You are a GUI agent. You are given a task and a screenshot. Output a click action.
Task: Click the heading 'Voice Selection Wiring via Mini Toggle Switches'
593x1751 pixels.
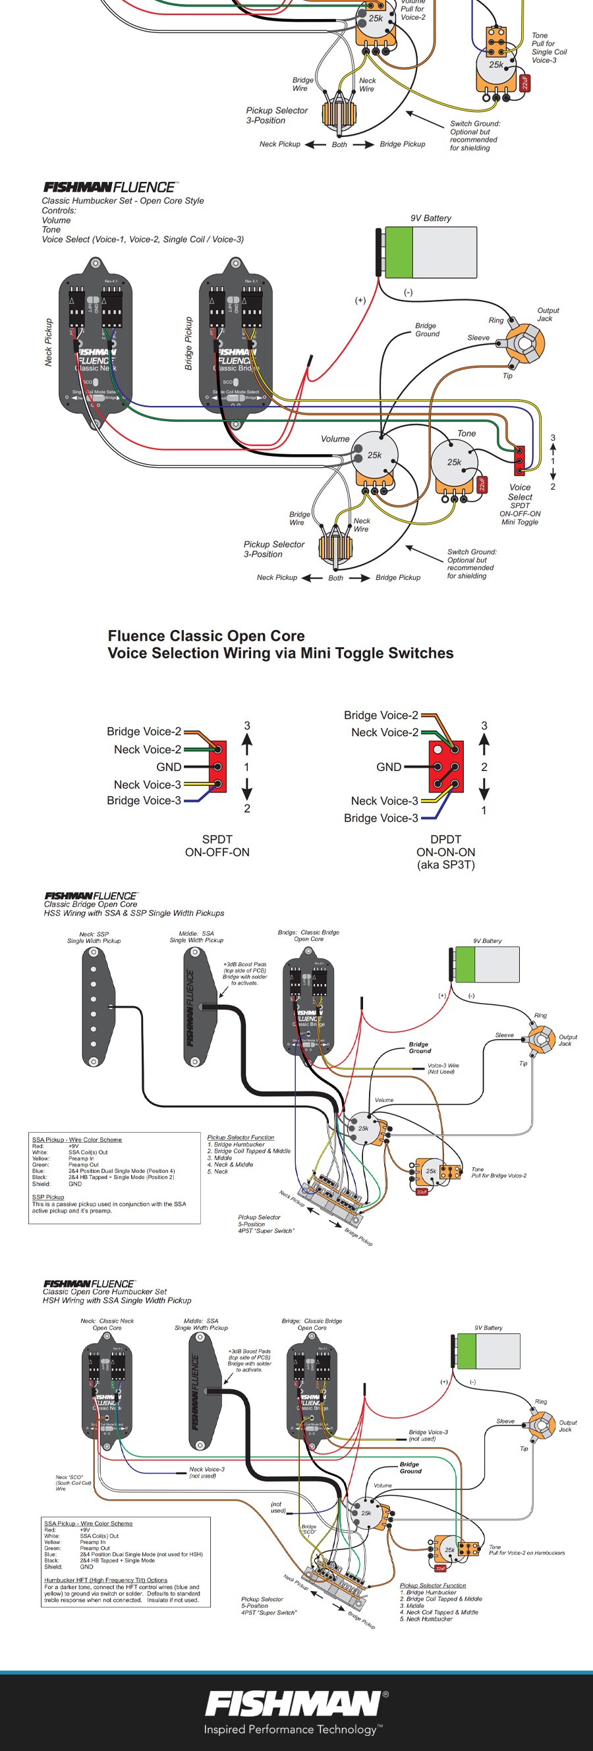pyautogui.click(x=280, y=653)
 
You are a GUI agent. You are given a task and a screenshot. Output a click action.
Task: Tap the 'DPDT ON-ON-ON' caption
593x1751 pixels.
pyautogui.click(x=445, y=851)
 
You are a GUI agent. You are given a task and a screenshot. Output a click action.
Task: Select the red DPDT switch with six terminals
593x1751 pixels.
pyautogui.click(x=446, y=766)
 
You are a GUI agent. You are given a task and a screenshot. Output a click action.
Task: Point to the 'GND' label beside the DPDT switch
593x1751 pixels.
pyautogui.click(x=389, y=766)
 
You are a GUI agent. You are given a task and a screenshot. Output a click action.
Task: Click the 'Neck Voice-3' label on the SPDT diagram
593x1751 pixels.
pyautogui.click(x=148, y=784)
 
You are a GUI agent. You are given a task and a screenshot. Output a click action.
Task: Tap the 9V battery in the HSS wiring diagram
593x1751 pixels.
pyautogui.click(x=487, y=964)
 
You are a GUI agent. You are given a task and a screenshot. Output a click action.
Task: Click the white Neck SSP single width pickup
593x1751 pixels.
pyautogui.click(x=94, y=1006)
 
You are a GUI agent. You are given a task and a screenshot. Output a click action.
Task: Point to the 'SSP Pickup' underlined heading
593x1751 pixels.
pyautogui.click(x=48, y=1197)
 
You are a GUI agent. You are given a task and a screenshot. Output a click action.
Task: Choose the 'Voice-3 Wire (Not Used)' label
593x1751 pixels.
pyautogui.click(x=443, y=1068)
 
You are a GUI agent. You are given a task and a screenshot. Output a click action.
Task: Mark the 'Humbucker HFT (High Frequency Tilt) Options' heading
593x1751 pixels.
pyautogui.click(x=105, y=1580)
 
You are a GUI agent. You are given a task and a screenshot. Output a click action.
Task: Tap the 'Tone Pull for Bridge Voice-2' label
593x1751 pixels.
pyautogui.click(x=499, y=1172)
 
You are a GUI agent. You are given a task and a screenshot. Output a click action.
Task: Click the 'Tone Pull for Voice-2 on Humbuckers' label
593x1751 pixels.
pyautogui.click(x=526, y=1550)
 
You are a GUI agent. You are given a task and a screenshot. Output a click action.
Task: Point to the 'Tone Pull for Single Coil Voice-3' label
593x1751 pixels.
pyautogui.click(x=549, y=47)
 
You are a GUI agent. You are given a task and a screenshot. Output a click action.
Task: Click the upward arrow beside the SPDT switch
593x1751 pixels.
pyautogui.click(x=246, y=744)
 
